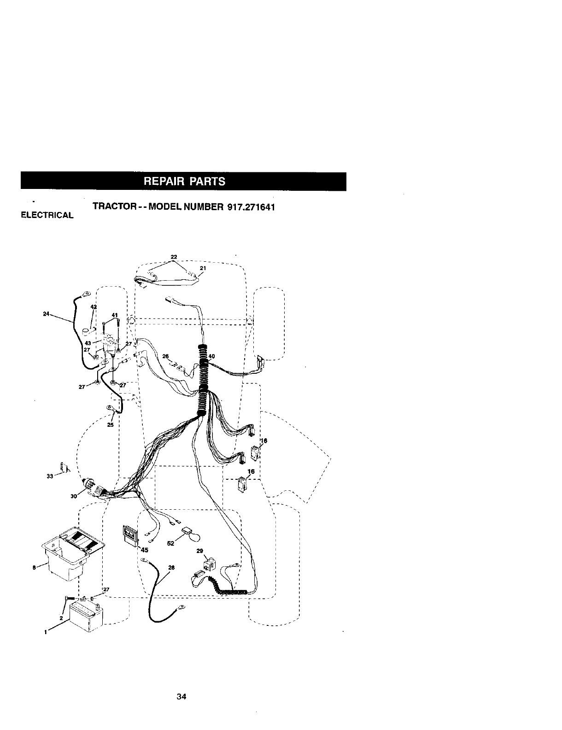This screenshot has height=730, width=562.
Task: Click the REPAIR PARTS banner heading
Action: (183, 181)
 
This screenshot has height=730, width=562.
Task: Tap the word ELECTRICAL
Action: (47, 215)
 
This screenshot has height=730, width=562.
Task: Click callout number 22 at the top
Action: (174, 256)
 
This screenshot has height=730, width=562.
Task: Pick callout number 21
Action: (203, 268)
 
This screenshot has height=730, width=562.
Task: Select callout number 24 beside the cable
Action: (46, 315)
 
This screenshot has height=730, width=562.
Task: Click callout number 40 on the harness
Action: (212, 356)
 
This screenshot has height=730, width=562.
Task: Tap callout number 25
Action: (110, 424)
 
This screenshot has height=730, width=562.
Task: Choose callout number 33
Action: (50, 476)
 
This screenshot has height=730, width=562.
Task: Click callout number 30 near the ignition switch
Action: (73, 496)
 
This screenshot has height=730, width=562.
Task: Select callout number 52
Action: (170, 543)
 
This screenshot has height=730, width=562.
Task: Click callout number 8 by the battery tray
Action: (34, 567)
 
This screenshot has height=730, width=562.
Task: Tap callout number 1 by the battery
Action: (46, 632)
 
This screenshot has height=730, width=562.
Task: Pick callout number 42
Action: (94, 307)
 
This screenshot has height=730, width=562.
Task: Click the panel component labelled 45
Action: (130, 536)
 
